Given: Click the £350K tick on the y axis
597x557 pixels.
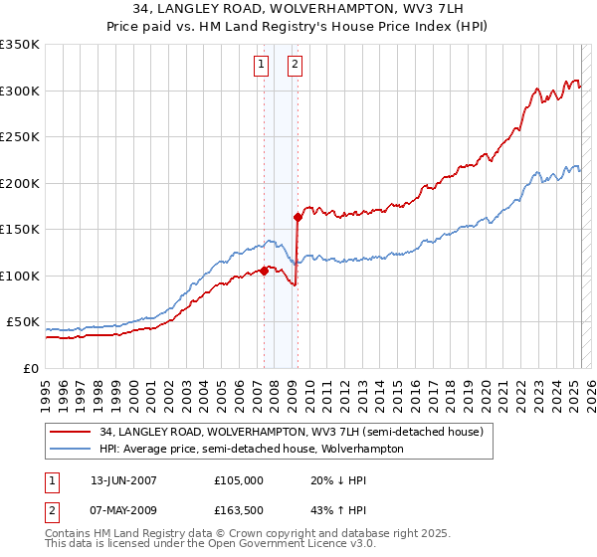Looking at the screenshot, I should [20, 45].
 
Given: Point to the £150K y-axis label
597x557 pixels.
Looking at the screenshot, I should [20, 230].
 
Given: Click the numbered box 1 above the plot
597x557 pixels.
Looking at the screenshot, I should [261, 66].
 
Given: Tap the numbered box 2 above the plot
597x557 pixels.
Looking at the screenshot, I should [296, 66].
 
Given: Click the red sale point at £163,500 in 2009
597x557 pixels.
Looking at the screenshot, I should [298, 217].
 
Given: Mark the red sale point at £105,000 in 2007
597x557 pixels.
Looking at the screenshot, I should [264, 271].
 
